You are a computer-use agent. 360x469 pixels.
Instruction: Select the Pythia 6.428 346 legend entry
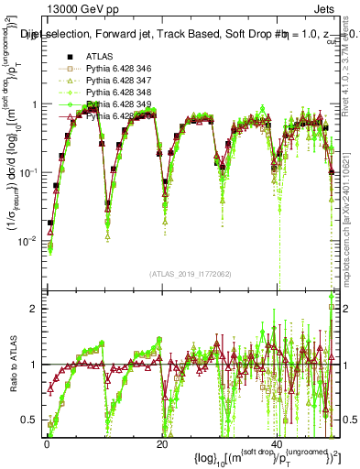click(119, 70)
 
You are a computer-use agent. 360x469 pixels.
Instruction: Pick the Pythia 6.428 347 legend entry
click(119, 82)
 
